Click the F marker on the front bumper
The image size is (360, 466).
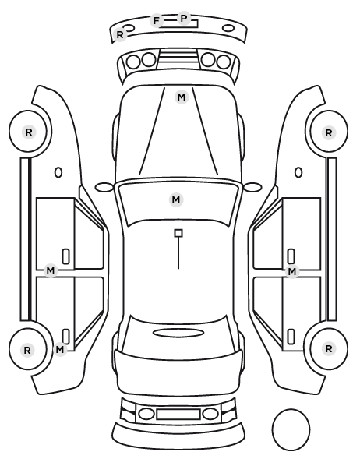pyautogui.click(x=157, y=21)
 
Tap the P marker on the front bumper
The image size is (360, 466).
pyautogui.click(x=184, y=19)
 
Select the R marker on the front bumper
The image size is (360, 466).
pyautogui.click(x=120, y=35)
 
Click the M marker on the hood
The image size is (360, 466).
pyautogui.click(x=182, y=97)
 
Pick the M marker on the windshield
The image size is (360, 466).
pyautogui.click(x=176, y=199)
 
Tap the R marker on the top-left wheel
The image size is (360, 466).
pyautogui.click(x=29, y=132)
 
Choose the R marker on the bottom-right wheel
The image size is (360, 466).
pyautogui.click(x=329, y=348)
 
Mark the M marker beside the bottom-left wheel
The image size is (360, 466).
pyautogui.click(x=60, y=349)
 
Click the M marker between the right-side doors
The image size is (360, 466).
pyautogui.click(x=292, y=271)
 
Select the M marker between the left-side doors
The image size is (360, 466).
pyautogui.click(x=51, y=270)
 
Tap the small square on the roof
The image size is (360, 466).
pyautogui.click(x=178, y=233)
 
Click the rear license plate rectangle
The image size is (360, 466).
pyautogui.click(x=178, y=415)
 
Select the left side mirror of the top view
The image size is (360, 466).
pyautogui.click(x=104, y=187)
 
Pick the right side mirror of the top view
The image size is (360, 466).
pyautogui.click(x=252, y=187)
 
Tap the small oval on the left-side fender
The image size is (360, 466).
pyautogui.click(x=58, y=172)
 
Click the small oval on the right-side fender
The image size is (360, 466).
pyautogui.click(x=298, y=172)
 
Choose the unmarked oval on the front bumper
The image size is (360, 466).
pyautogui.click(x=228, y=29)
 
